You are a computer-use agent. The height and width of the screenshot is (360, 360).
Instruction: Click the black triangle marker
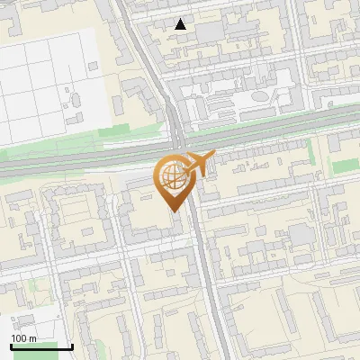tap(181, 25)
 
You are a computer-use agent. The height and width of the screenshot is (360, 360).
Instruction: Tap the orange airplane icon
tap(199, 165)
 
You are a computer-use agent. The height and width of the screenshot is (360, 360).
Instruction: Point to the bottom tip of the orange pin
tap(172, 210)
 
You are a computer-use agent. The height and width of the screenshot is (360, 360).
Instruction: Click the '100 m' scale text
tap(22, 337)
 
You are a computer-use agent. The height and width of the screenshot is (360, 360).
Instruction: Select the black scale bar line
tap(41, 346)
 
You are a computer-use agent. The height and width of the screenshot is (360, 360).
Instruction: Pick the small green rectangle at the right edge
tap(346, 167)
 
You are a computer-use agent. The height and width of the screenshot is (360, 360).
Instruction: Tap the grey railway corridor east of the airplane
tap(288, 130)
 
